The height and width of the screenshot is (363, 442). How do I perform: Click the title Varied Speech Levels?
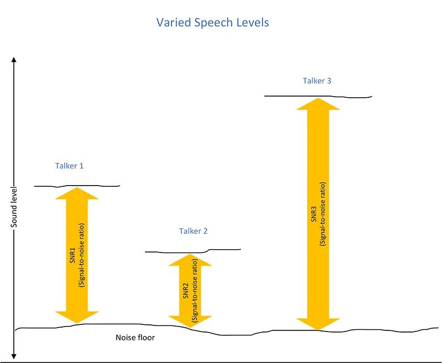[213, 23]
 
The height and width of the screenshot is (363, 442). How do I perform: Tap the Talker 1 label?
[70, 166]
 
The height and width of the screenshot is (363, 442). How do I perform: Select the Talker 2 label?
[193, 231]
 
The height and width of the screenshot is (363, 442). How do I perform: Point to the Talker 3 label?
[317, 81]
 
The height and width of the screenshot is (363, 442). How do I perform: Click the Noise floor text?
[135, 338]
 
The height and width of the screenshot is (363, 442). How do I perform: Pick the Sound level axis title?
[14, 207]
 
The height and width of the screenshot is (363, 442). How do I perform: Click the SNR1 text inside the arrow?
[72, 255]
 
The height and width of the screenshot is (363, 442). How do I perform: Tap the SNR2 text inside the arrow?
[186, 291]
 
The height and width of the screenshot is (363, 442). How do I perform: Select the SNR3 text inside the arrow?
[314, 214]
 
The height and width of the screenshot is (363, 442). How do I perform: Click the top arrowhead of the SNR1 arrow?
[77, 193]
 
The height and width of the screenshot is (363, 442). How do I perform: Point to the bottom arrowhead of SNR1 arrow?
[77, 317]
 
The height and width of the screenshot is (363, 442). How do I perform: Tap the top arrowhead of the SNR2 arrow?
[190, 260]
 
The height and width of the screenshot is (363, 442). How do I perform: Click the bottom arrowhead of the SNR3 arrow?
[318, 324]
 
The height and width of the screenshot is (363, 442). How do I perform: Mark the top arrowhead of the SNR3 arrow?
[318, 104]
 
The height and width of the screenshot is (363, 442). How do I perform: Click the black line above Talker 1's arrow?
[77, 186]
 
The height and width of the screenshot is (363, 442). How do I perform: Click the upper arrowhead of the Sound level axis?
[14, 60]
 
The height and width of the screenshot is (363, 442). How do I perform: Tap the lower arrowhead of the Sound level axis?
[14, 356]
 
